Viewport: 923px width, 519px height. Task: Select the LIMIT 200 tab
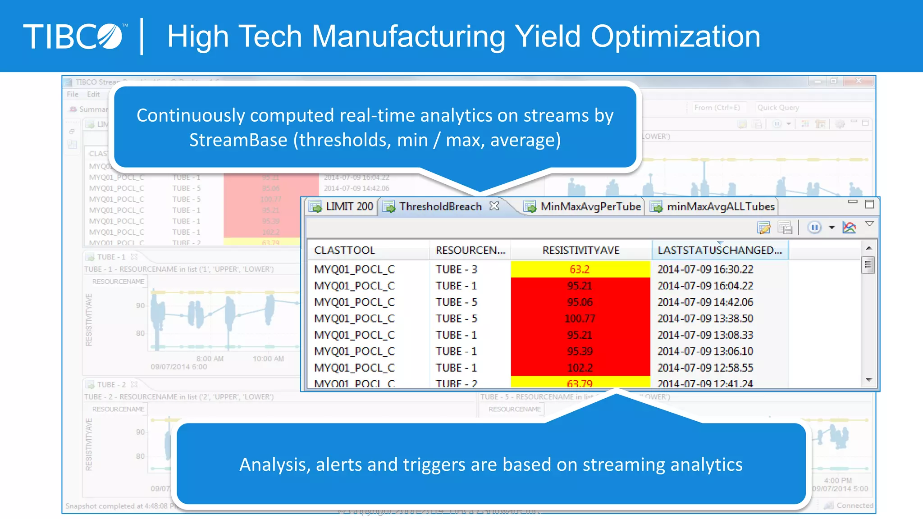click(x=343, y=207)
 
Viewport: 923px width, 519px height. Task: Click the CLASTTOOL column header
click(x=344, y=250)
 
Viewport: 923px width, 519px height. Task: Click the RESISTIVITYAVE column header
click(x=580, y=250)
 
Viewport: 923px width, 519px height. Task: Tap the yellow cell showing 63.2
click(x=580, y=269)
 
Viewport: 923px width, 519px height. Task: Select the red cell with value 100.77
click(x=580, y=319)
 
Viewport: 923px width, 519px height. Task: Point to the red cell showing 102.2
click(x=580, y=368)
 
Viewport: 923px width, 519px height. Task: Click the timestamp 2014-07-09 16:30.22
click(x=705, y=269)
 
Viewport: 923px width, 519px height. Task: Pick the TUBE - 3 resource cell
click(x=456, y=269)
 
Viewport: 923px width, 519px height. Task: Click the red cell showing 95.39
click(x=580, y=351)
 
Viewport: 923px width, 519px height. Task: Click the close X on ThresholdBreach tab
click(x=494, y=206)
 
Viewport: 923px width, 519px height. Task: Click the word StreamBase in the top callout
click(x=238, y=140)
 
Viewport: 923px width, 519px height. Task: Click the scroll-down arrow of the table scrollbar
click(x=868, y=380)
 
